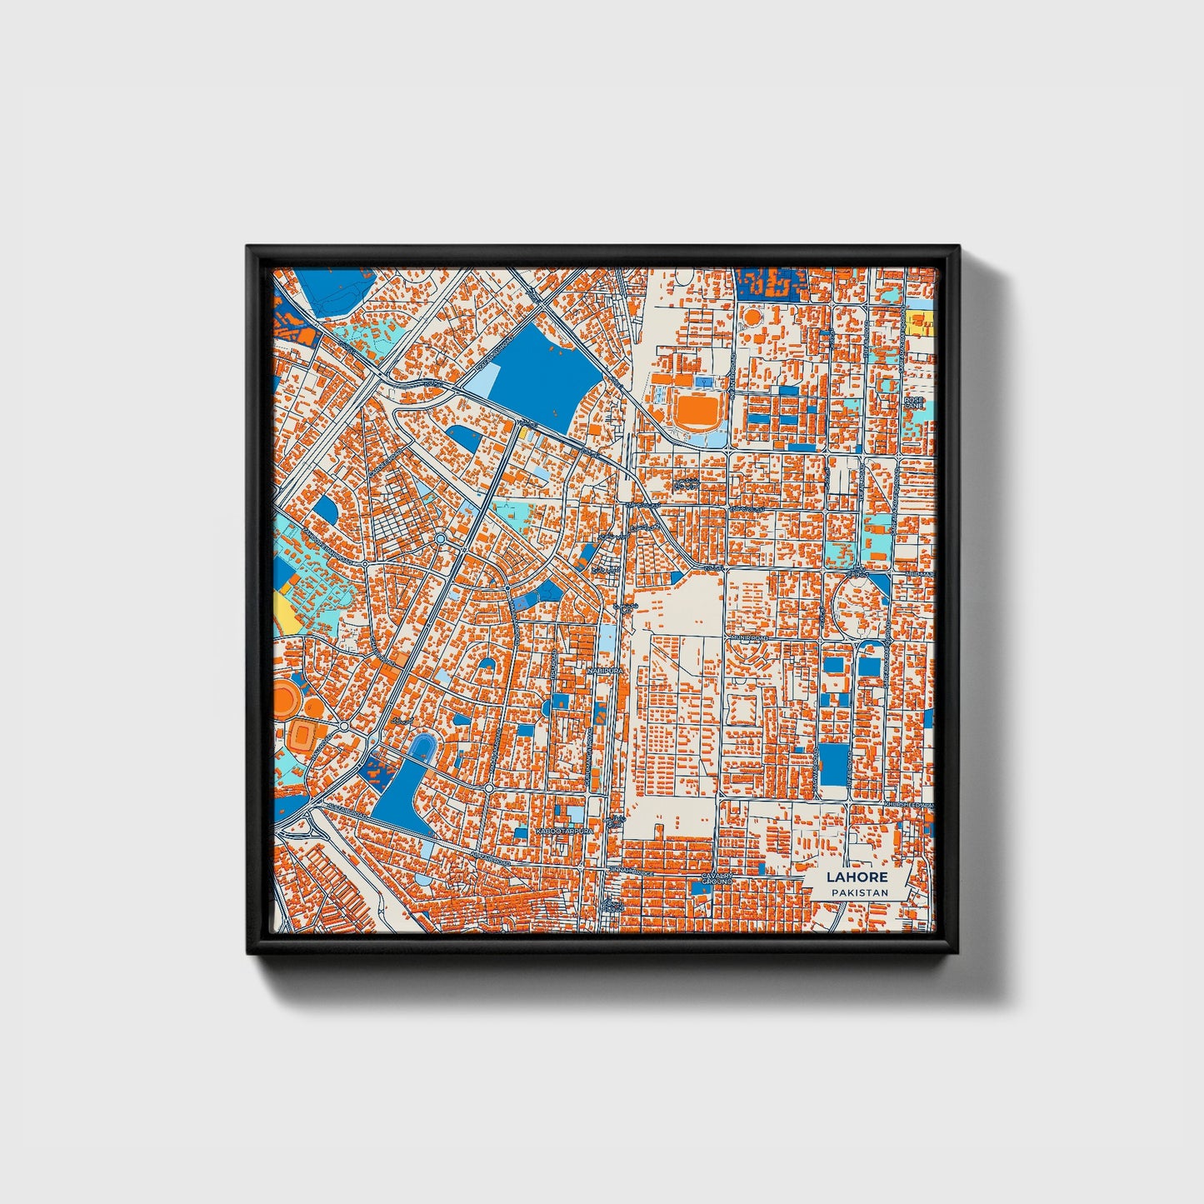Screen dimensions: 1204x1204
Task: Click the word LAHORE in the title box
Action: tap(857, 877)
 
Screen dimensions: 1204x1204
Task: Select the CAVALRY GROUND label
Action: tap(716, 879)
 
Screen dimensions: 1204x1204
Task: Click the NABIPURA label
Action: tap(605, 669)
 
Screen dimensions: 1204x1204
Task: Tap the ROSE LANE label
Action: tap(914, 402)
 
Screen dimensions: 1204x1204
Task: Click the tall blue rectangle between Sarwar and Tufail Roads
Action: tap(832, 765)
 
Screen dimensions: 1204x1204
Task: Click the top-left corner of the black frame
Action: tap(248, 247)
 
